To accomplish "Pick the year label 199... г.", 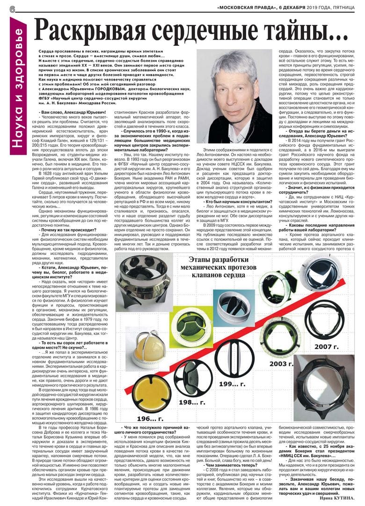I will (232, 384).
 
